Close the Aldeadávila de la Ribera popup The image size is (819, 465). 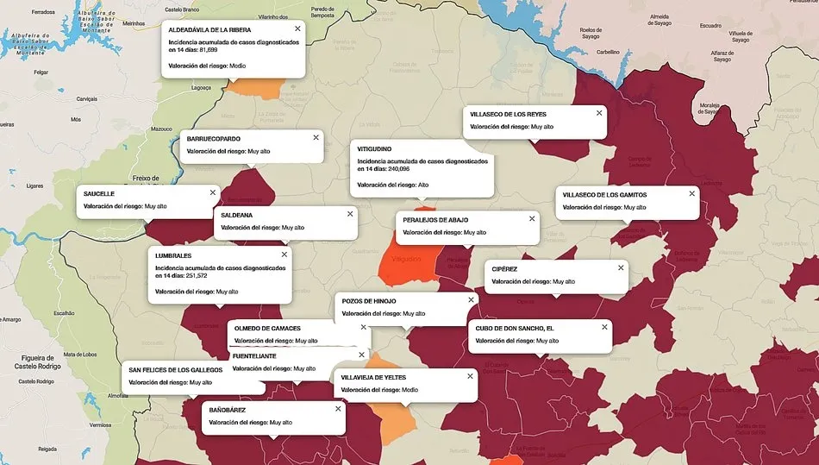pos(297,28)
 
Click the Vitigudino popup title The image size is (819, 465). pos(375,148)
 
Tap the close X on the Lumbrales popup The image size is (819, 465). pos(284,254)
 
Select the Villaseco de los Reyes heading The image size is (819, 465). pos(508,114)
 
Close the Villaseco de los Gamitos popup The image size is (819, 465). pos(692,193)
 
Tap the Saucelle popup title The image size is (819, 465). pos(99,193)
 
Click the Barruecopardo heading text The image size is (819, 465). pos(213,138)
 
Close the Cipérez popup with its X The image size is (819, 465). pos(621,267)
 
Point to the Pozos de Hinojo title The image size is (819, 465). pos(369,300)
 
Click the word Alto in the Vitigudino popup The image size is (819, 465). pos(423,185)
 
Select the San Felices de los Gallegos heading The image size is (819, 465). pos(176,369)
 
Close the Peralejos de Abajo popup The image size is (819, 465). pos(532,218)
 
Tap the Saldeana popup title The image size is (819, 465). pos(237,214)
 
